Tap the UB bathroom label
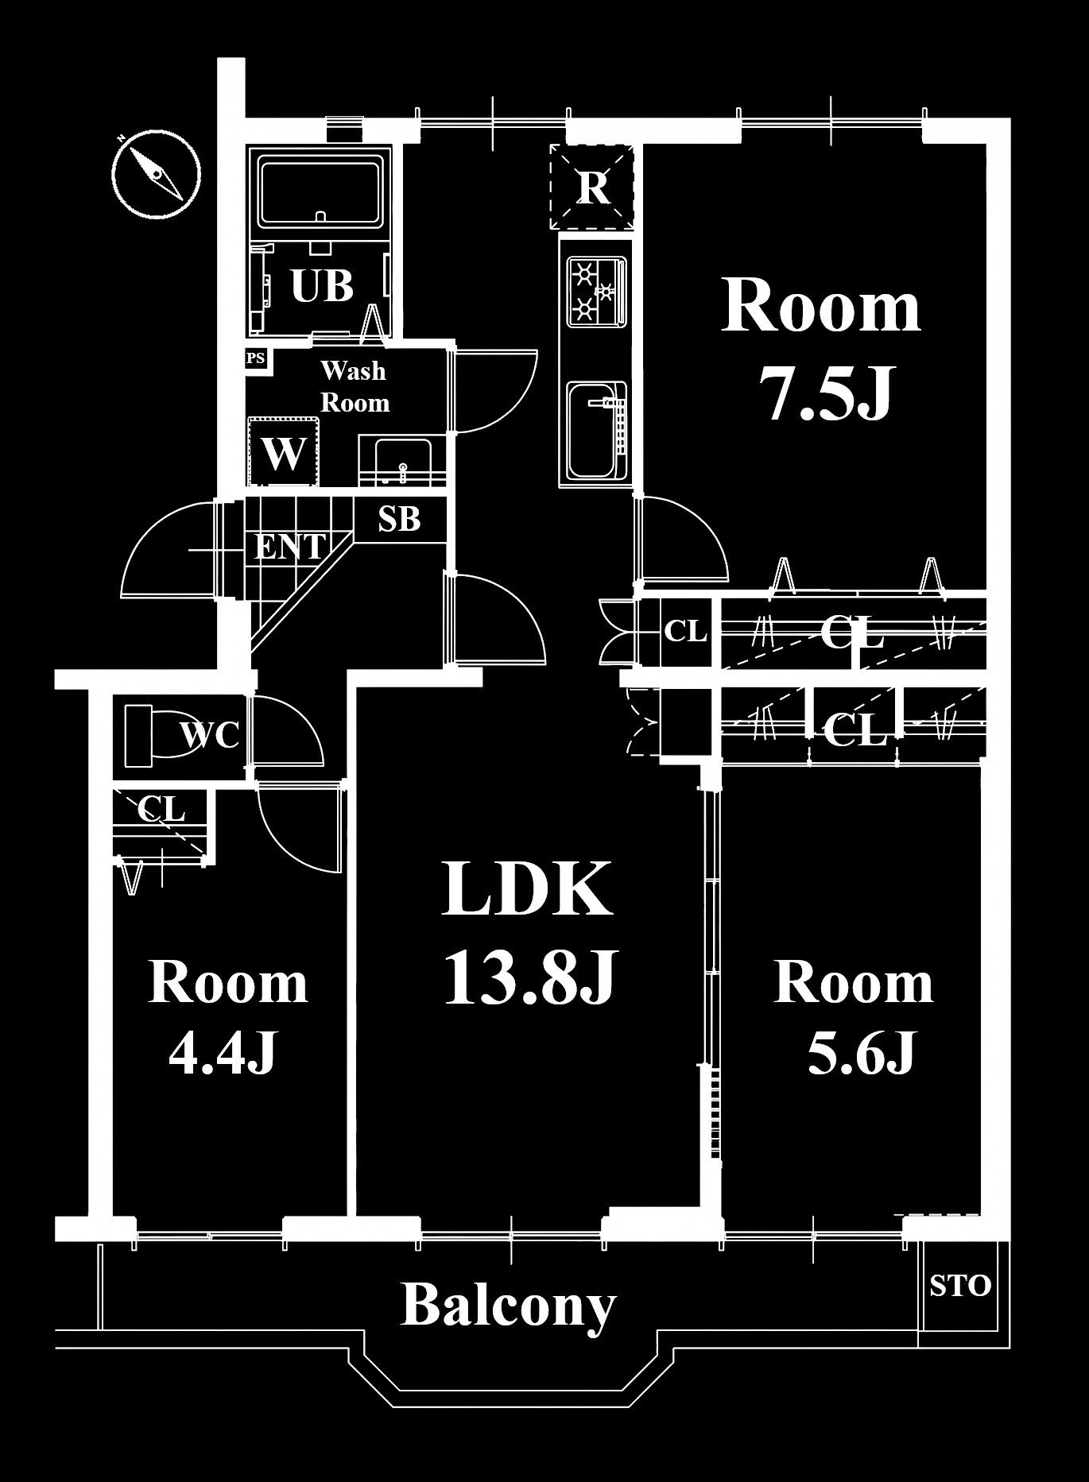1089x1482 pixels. (322, 286)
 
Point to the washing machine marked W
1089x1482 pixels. (284, 452)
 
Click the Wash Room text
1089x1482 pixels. (355, 387)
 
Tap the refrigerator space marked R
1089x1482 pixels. (592, 187)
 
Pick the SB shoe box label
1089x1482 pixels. (399, 519)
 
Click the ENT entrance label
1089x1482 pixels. (289, 547)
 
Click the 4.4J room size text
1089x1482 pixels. (223, 1054)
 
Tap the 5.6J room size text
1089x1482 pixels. (862, 1054)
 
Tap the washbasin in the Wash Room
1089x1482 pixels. (394, 460)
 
